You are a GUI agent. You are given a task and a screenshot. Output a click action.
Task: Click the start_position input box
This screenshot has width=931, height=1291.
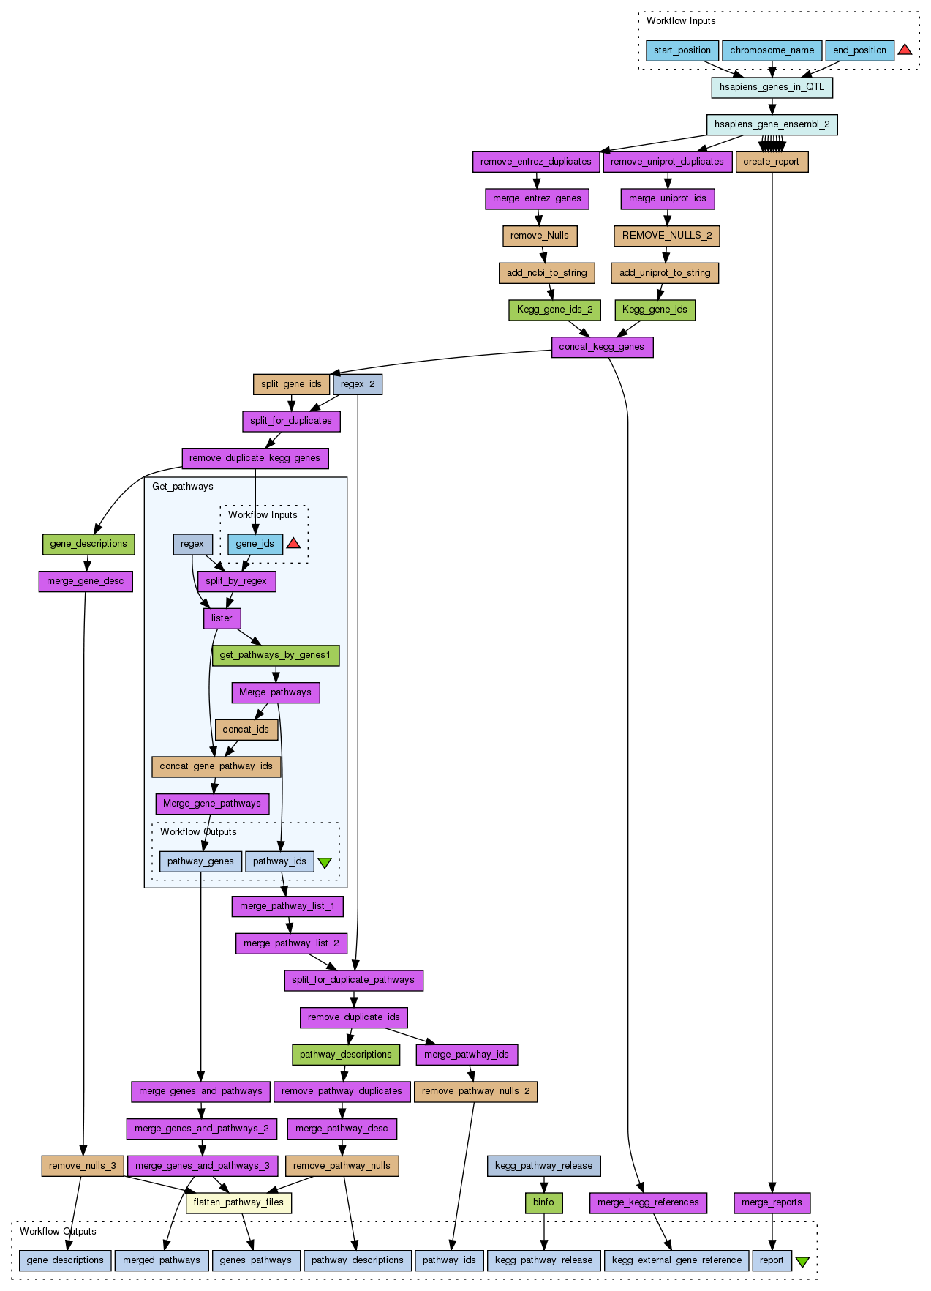[682, 50]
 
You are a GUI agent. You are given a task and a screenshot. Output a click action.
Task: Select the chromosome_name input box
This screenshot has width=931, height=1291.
[772, 50]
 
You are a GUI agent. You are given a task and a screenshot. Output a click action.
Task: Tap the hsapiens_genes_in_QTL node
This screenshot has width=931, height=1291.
[772, 87]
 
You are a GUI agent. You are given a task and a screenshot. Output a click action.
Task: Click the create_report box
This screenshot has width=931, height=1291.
[772, 162]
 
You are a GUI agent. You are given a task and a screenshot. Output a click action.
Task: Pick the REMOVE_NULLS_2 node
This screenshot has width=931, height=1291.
[666, 236]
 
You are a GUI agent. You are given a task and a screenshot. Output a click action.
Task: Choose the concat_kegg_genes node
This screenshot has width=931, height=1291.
[601, 347]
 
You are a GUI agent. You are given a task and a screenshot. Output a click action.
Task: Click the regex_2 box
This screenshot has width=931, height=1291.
[357, 384]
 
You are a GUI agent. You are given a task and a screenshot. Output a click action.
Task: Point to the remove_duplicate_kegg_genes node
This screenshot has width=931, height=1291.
[255, 458]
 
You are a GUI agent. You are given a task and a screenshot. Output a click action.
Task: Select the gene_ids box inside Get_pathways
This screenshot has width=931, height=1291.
[255, 544]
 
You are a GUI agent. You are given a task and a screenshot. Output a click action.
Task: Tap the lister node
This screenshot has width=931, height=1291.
[222, 618]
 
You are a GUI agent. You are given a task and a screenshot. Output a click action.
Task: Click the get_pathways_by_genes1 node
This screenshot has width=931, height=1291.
[275, 655]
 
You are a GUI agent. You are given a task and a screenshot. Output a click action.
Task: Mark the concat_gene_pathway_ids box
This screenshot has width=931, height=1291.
[216, 766]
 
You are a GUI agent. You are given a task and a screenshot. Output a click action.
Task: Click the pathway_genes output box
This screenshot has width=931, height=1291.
[200, 861]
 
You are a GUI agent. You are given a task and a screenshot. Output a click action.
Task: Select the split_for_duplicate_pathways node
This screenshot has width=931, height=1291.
[353, 980]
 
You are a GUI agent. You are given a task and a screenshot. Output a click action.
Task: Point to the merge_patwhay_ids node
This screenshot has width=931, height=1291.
[466, 1055]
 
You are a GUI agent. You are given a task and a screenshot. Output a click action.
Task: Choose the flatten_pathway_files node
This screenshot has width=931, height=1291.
[238, 1202]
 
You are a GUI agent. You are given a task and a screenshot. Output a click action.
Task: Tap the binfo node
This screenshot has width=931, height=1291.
[543, 1202]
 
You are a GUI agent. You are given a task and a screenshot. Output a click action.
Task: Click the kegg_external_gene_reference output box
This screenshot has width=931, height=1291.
[676, 1260]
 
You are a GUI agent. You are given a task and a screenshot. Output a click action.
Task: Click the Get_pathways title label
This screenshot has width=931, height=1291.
[183, 487]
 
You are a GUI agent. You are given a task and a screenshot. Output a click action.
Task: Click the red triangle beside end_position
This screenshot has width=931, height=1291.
[905, 50]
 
